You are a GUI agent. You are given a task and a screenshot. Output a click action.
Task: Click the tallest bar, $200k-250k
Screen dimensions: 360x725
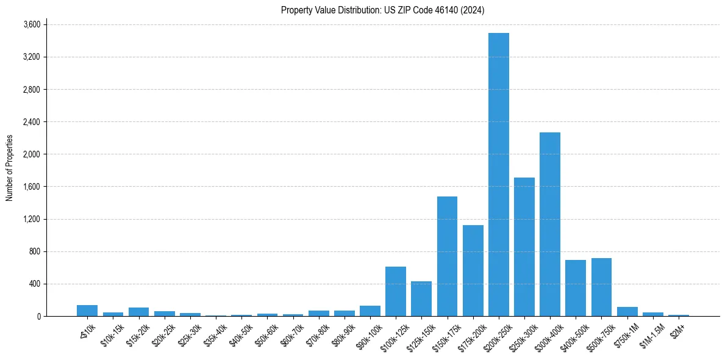tap(498, 175)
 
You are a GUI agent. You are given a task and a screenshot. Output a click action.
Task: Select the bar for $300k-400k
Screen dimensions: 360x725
tap(550, 224)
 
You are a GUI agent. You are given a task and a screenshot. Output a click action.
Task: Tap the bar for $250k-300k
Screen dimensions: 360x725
tap(524, 247)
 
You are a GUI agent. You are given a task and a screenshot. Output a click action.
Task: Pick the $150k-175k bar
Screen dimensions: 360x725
tap(447, 256)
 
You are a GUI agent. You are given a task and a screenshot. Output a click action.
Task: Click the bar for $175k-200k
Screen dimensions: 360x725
tap(473, 270)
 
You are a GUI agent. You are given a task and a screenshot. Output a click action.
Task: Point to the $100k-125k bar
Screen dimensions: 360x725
tap(396, 291)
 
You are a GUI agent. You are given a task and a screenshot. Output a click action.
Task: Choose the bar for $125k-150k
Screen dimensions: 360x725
tap(421, 298)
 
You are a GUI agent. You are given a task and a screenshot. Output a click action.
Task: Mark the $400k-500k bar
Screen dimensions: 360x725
tap(576, 288)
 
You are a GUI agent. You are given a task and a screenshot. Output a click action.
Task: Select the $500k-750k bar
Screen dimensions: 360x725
tap(601, 287)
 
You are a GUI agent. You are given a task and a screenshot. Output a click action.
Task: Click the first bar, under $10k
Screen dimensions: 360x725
tap(87, 311)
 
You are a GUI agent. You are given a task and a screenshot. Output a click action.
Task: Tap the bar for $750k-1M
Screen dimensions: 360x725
tap(627, 312)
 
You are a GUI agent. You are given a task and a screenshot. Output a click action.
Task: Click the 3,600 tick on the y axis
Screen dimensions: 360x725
tap(32, 24)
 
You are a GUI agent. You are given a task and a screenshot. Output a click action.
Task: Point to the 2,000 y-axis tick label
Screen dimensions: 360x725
tap(32, 154)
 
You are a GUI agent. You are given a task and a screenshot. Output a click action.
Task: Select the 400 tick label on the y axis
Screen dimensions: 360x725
tap(35, 284)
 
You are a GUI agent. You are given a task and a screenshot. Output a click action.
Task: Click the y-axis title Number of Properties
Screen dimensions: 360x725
tap(10, 168)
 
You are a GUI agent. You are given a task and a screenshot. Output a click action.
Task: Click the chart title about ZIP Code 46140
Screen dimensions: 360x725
tap(382, 10)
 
